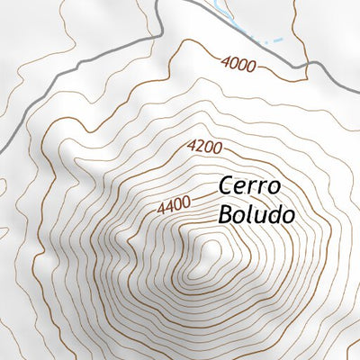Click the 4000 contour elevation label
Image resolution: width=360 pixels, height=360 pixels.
[238, 63]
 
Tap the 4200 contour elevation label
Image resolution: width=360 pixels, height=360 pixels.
[205, 146]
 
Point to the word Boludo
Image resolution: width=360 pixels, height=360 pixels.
[256, 215]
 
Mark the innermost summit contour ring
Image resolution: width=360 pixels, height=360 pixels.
[211, 251]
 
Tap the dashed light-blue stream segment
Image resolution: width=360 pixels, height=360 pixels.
[275, 41]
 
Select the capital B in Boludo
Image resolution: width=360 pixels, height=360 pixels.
[225, 215]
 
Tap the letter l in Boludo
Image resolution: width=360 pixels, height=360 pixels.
[251, 215]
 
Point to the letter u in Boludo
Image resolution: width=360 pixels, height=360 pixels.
[261, 217]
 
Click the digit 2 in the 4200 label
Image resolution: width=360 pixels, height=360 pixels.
[199, 146]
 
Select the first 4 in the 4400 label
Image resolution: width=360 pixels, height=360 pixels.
[160, 211]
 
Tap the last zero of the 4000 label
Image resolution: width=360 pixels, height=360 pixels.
[251, 65]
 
